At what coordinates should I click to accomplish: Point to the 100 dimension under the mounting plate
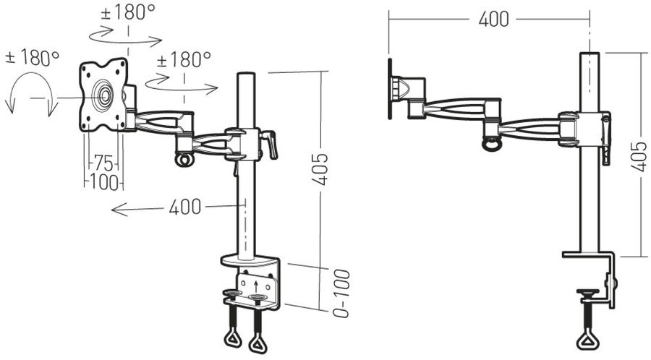tap(103, 182)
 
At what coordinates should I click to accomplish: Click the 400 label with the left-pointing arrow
tap(184, 207)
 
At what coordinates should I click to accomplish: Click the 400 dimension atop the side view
tap(493, 20)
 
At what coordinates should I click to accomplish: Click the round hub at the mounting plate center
tap(103, 95)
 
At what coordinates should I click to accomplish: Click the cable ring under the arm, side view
tap(493, 143)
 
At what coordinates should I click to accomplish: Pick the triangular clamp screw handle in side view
tap(586, 338)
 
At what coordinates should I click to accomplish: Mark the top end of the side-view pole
tap(590, 54)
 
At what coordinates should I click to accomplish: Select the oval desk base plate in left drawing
tap(249, 260)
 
